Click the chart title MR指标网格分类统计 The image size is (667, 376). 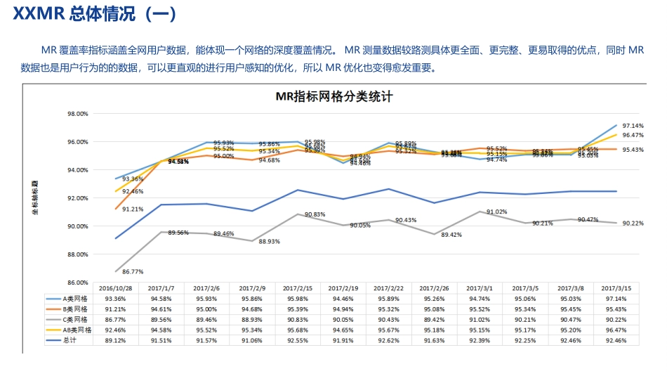tap(333, 97)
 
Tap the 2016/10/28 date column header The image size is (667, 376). tap(117, 287)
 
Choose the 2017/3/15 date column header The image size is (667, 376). tap(615, 287)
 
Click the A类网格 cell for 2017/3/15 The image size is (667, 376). tap(615, 298)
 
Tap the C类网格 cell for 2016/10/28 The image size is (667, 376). tap(117, 319)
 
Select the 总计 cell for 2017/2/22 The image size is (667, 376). tap(388, 340)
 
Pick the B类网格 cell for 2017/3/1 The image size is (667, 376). tap(479, 309)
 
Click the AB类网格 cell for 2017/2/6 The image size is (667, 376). tap(207, 330)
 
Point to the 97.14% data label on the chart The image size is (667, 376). tap(633, 124)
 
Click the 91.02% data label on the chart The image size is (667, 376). tap(496, 212)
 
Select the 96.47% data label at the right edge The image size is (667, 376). tap(633, 135)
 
